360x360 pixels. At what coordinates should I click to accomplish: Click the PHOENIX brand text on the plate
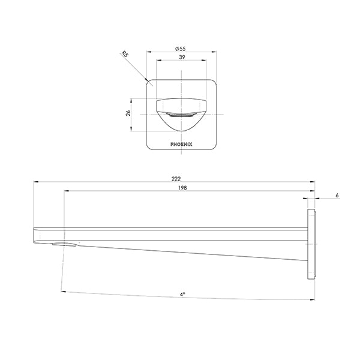tap(180, 144)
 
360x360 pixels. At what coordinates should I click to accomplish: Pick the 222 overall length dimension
tap(176, 178)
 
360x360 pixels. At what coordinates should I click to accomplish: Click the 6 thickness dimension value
tap(338, 196)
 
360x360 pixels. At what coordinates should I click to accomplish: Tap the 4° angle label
tap(182, 295)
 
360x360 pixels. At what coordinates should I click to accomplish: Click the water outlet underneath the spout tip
tap(64, 244)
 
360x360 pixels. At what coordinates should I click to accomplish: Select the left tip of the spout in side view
tap(35, 234)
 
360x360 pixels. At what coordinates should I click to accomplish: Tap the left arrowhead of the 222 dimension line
tap(35, 183)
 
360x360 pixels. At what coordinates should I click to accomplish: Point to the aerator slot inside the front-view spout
tap(180, 114)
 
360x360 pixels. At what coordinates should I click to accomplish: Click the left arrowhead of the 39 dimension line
tap(158, 61)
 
